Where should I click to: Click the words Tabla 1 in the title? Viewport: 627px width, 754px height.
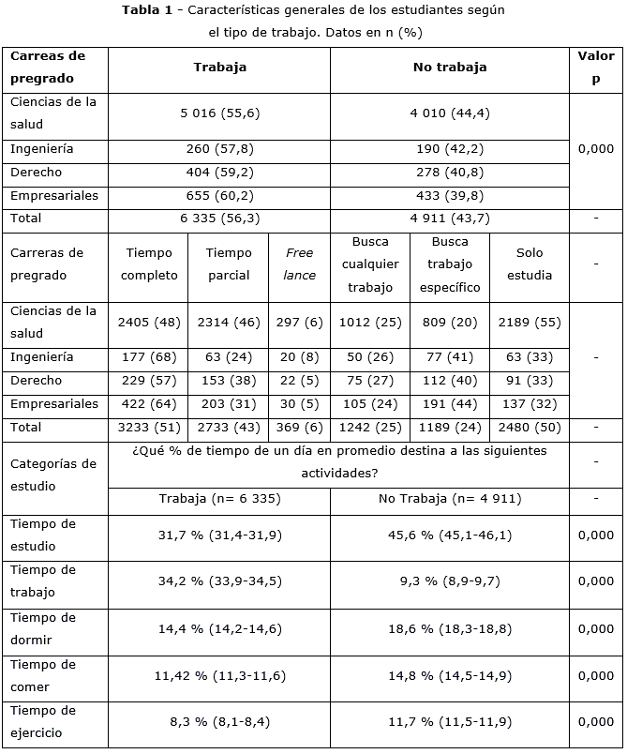tap(149, 10)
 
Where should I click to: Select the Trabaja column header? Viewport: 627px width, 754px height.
tap(219, 68)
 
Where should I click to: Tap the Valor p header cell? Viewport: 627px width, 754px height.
tap(595, 68)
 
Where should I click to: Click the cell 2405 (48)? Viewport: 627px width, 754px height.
tap(149, 323)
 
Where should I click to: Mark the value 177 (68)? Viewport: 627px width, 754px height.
tap(149, 357)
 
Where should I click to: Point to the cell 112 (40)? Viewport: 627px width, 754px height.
tap(450, 381)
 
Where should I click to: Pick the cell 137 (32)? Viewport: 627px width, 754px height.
tap(530, 404)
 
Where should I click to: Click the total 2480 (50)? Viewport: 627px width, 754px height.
tap(530, 428)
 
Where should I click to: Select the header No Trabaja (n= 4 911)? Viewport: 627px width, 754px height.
tap(450, 499)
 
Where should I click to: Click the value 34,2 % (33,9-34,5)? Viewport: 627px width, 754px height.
tap(219, 581)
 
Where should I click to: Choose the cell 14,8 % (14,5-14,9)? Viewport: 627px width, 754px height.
tap(450, 675)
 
